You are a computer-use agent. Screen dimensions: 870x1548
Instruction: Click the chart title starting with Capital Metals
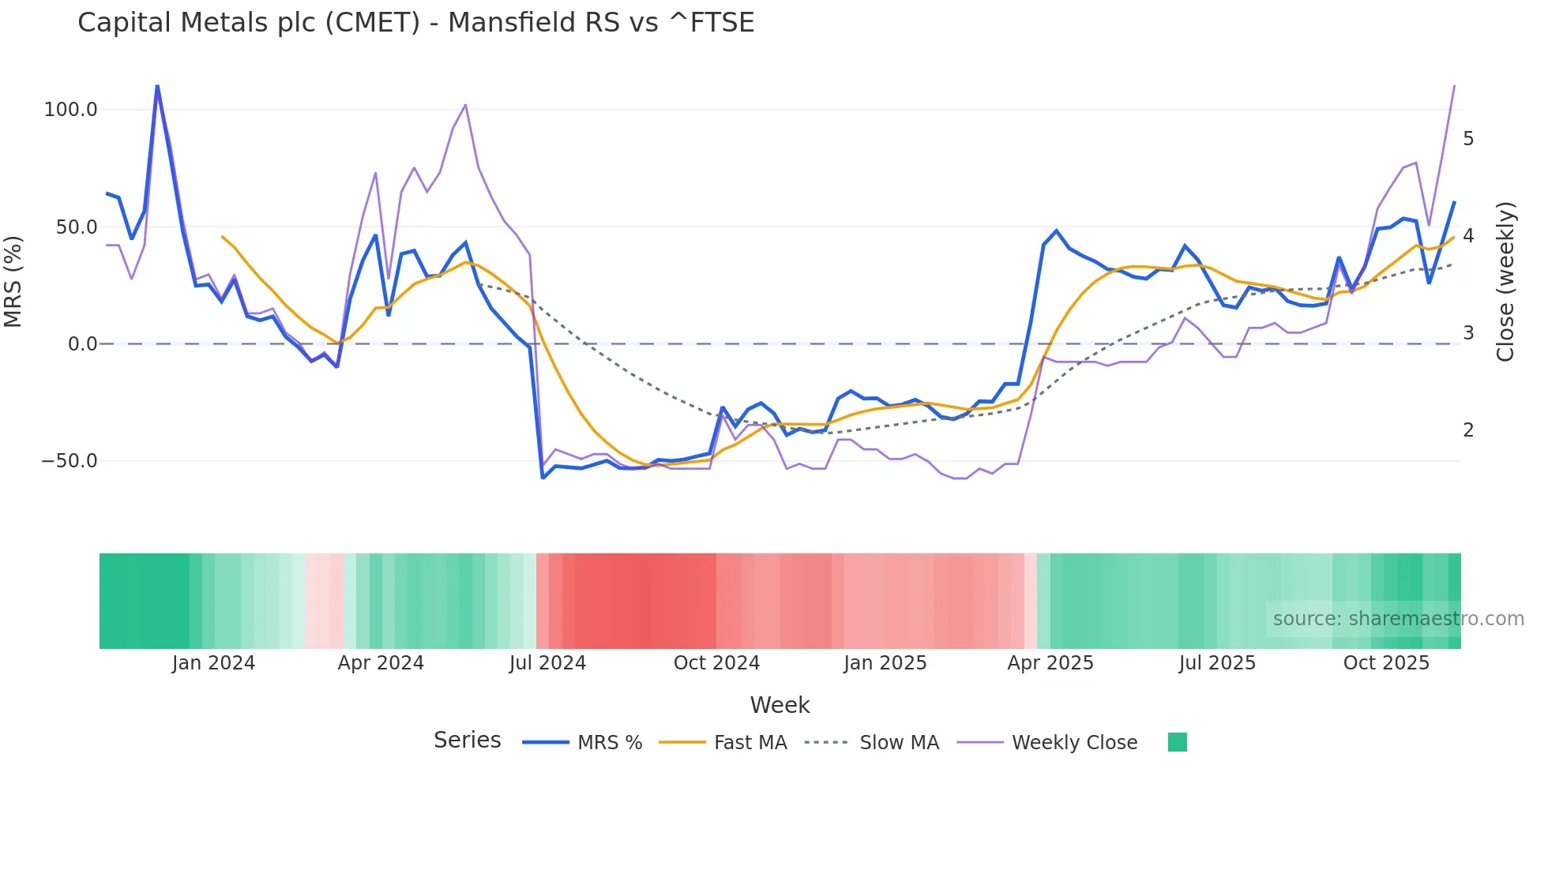(415, 23)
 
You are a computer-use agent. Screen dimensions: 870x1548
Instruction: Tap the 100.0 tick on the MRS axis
(71, 110)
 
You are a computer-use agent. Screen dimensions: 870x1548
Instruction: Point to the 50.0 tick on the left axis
(77, 227)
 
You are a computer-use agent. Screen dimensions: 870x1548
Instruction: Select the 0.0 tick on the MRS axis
(82, 344)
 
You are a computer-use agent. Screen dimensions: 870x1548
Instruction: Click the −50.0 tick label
(70, 461)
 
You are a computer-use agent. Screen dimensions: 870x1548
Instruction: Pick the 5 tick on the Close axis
(1468, 139)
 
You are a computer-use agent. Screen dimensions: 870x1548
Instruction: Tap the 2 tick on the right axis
(1468, 430)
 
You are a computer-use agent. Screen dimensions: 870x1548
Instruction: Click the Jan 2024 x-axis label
(213, 663)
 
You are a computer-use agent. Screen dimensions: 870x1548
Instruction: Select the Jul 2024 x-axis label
(547, 663)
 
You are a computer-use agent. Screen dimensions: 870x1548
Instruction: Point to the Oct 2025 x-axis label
(1386, 663)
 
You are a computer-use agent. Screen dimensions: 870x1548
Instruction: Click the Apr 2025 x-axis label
(1050, 663)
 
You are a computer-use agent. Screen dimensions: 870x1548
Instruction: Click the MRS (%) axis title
(13, 281)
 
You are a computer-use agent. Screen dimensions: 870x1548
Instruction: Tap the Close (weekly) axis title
(1505, 281)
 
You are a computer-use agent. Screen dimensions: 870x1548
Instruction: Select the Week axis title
(780, 705)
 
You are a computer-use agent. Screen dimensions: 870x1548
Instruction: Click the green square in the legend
(1177, 742)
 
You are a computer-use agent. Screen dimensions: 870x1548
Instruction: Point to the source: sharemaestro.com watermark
(1398, 619)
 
